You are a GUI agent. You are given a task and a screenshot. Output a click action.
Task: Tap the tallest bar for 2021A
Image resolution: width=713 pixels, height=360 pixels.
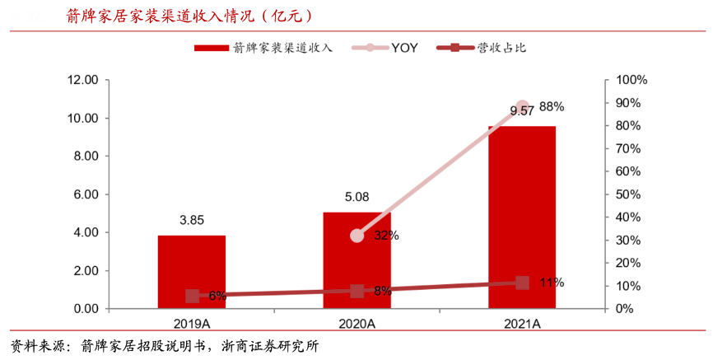[x=522, y=217]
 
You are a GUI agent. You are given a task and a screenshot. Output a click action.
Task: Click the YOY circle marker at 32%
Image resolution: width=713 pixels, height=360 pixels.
[x=356, y=236]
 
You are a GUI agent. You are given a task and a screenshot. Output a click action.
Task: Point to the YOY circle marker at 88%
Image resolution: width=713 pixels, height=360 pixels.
[x=522, y=108]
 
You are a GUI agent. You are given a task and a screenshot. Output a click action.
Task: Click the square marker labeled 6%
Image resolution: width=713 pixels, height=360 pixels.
[x=192, y=296]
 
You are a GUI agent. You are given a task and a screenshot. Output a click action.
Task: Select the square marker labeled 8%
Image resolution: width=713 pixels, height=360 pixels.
[x=356, y=291]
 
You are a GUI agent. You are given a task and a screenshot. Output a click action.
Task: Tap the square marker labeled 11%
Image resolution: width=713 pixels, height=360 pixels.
[x=522, y=283]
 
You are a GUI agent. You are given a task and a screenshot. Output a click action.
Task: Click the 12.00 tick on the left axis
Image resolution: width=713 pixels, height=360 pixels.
[x=82, y=80]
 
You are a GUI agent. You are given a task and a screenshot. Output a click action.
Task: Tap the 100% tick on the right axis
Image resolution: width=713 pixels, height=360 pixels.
[x=631, y=80]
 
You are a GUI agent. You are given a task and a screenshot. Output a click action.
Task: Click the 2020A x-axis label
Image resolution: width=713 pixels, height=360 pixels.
[x=356, y=324]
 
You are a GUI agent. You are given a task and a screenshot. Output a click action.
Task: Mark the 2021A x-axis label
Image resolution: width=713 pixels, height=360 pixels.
[x=522, y=324]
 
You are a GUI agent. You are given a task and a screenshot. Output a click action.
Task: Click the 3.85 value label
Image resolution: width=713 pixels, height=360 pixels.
[x=192, y=221]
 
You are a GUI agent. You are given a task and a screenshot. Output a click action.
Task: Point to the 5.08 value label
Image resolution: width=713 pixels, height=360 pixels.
[x=356, y=198]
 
